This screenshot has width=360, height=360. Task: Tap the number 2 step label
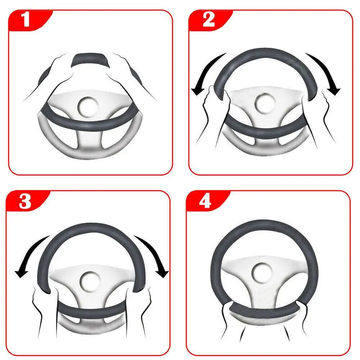click(209, 19)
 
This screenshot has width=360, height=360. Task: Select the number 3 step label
click(25, 201)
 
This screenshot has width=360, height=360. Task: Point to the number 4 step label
click(205, 201)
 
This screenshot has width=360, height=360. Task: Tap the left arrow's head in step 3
click(21, 273)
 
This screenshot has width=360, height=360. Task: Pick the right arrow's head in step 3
click(162, 273)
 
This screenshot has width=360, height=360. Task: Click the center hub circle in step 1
click(88, 107)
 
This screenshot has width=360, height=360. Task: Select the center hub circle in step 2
click(265, 104)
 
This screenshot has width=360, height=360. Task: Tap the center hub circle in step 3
click(90, 282)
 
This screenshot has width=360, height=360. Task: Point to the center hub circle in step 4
click(262, 273)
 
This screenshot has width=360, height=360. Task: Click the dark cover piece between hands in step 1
click(90, 60)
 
